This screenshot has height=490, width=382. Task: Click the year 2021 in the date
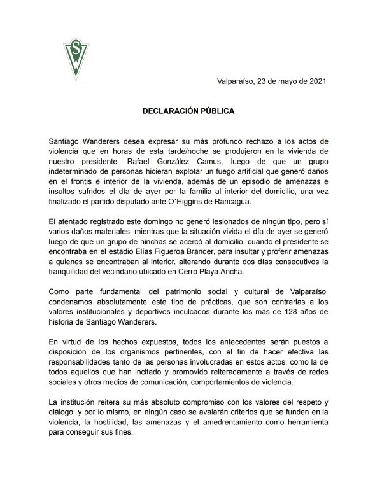pyautogui.click(x=317, y=82)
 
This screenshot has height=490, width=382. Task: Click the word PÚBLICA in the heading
pyautogui.click(x=218, y=111)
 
